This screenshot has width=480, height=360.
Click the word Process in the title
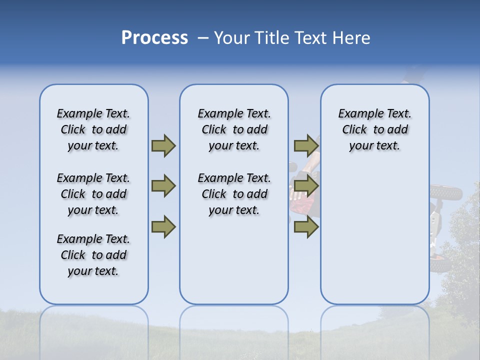(x=154, y=38)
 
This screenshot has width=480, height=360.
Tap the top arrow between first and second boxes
(x=163, y=145)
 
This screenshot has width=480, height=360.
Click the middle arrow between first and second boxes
(x=163, y=186)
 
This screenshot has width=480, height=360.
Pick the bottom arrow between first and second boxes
(x=163, y=227)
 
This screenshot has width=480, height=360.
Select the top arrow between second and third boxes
(x=306, y=145)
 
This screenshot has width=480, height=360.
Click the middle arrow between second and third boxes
(x=306, y=186)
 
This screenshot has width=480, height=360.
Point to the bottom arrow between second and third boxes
(x=306, y=227)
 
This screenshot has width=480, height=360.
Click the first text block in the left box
(x=93, y=129)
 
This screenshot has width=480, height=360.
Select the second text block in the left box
(x=93, y=194)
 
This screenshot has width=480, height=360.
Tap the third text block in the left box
(x=93, y=255)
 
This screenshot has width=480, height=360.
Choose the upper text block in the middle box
(x=234, y=129)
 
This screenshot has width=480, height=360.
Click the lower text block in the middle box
(x=234, y=194)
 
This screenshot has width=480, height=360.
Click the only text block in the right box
(x=374, y=129)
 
